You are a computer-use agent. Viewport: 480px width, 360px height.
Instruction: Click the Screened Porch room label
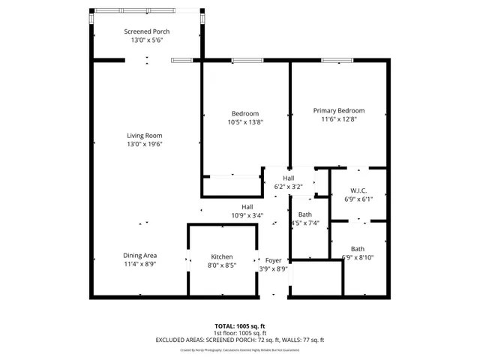[x=146, y=31]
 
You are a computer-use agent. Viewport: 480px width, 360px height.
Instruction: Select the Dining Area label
[x=139, y=256]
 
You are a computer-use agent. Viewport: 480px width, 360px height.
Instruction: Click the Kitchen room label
[x=221, y=256]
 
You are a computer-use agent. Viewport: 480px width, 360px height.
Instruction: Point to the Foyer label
[x=273, y=260]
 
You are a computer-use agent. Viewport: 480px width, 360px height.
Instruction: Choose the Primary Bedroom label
[x=338, y=110]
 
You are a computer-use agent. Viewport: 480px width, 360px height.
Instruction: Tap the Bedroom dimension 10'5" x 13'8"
[x=245, y=121]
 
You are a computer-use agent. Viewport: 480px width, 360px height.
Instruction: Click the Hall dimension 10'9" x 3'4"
[x=247, y=215]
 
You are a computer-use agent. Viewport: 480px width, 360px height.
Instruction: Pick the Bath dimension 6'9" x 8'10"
[x=358, y=257]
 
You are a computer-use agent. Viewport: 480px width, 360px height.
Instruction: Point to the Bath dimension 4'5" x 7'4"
[x=305, y=223]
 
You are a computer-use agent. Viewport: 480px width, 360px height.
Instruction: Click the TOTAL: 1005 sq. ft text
[x=239, y=325]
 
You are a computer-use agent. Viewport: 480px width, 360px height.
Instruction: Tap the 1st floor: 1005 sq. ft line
[x=239, y=332]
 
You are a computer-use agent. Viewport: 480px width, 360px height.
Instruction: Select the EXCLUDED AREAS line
[x=239, y=340]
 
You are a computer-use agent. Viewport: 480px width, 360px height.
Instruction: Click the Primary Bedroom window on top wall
[x=333, y=60]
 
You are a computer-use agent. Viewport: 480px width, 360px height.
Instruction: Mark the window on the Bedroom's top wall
[x=244, y=60]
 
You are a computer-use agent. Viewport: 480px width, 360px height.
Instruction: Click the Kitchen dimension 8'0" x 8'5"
[x=221, y=265]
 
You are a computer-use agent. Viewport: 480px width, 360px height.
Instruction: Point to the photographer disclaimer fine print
[x=239, y=349]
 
